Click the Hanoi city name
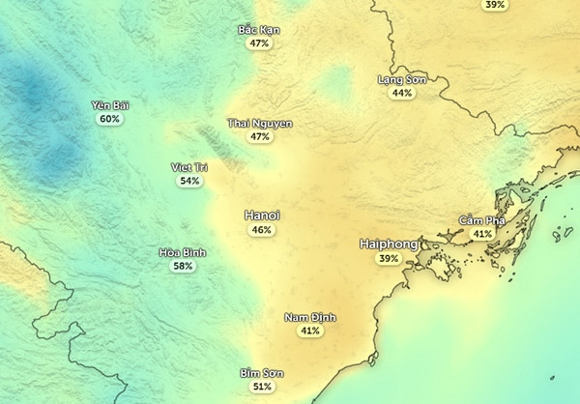click(261, 216)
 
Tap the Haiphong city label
click(389, 245)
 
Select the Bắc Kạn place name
click(259, 30)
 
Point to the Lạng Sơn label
click(402, 79)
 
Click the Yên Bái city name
click(109, 104)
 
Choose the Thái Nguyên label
click(259, 124)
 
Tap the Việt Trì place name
click(189, 167)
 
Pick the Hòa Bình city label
click(183, 252)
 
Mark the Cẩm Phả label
click(481, 220)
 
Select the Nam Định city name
click(309, 317)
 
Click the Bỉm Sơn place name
click(262, 373)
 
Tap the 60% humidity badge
click(109, 119)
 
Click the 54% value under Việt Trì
click(189, 181)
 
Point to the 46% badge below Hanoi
click(261, 230)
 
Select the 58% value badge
click(183, 266)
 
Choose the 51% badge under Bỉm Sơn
click(262, 387)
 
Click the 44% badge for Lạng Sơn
click(402, 94)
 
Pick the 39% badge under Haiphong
click(389, 259)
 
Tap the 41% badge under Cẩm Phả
click(481, 234)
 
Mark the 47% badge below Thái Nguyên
click(259, 137)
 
